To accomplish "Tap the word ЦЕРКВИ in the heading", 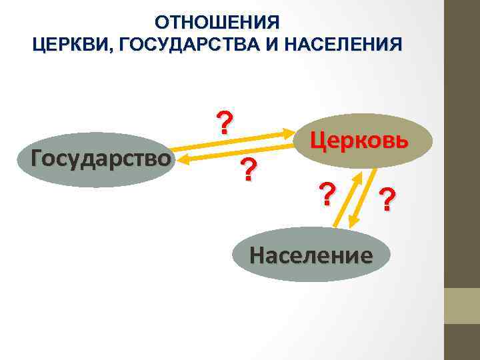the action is click(66, 45).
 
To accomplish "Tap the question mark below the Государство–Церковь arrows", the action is click(248, 171).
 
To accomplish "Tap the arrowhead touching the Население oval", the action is click(336, 224).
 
